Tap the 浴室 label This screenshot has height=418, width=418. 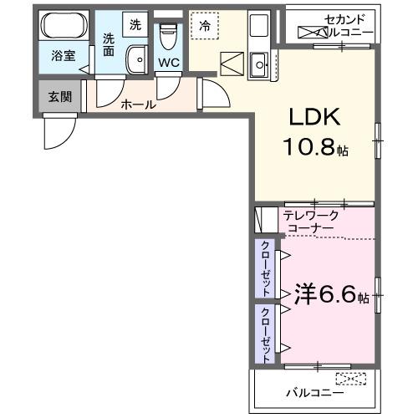[x=63, y=57]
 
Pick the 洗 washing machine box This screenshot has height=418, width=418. [x=135, y=25]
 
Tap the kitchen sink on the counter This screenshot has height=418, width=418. [x=260, y=61]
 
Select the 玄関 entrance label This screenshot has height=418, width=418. [x=59, y=96]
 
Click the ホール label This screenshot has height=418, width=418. [x=137, y=104]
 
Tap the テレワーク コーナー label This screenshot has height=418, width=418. [x=310, y=221]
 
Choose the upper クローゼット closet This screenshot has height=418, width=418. [x=265, y=268]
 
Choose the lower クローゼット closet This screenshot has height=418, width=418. [x=265, y=333]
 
